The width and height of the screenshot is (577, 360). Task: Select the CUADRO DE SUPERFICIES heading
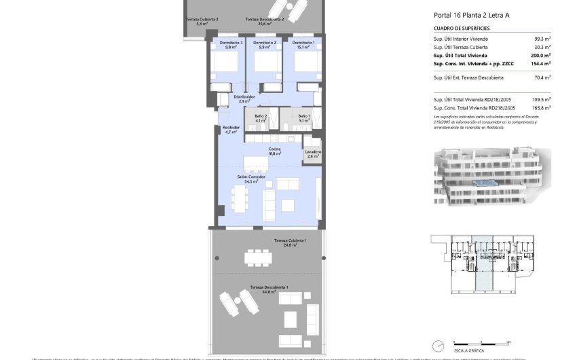[x=462, y=29]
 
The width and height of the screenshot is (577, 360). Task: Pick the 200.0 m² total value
[x=541, y=56]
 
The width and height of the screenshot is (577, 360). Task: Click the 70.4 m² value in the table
[x=542, y=78]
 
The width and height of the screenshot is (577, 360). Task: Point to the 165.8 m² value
[x=541, y=107]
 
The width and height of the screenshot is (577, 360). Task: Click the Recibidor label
[x=231, y=130]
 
